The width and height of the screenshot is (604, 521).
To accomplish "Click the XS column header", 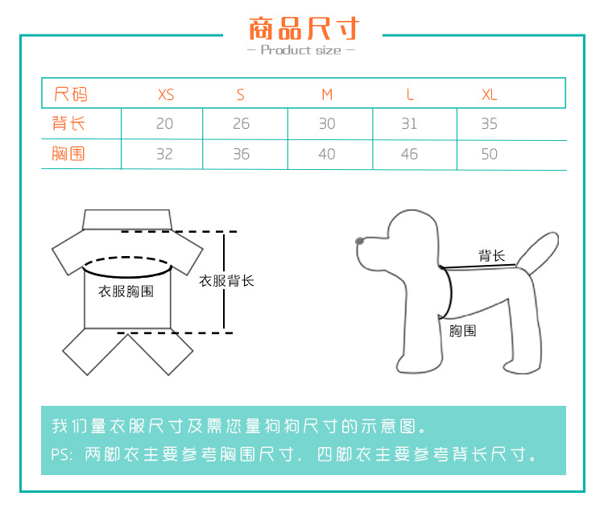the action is (x=166, y=94).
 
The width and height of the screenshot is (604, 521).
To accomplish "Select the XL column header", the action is (x=490, y=94).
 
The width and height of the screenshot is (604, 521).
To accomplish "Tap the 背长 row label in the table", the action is (x=68, y=123).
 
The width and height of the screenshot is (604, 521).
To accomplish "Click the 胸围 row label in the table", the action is (x=68, y=154).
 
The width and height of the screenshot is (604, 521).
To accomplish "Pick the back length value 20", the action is (x=164, y=124).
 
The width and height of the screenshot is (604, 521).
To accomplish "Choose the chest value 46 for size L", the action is (x=409, y=154).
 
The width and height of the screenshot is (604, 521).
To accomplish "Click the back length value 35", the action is (x=489, y=124).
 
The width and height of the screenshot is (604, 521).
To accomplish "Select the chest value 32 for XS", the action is (x=164, y=154).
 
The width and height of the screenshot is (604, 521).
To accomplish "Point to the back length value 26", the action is (x=241, y=124).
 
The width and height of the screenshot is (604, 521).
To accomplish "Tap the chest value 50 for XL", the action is (x=489, y=154).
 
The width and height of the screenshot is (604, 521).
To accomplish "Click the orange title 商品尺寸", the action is (x=304, y=28).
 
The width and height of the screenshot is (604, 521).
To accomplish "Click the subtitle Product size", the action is (x=301, y=50).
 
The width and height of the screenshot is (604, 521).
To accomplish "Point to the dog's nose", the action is (x=359, y=241).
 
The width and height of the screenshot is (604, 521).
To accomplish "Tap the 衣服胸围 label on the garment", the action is (x=126, y=292).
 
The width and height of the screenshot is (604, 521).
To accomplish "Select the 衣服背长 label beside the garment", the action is (x=226, y=281).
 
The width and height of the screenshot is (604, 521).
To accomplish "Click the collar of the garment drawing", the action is (x=127, y=220).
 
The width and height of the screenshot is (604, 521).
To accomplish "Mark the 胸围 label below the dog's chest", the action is (x=462, y=331).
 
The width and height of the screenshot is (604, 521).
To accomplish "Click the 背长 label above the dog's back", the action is (x=491, y=255).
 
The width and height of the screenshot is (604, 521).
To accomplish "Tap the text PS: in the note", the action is (x=62, y=454).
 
